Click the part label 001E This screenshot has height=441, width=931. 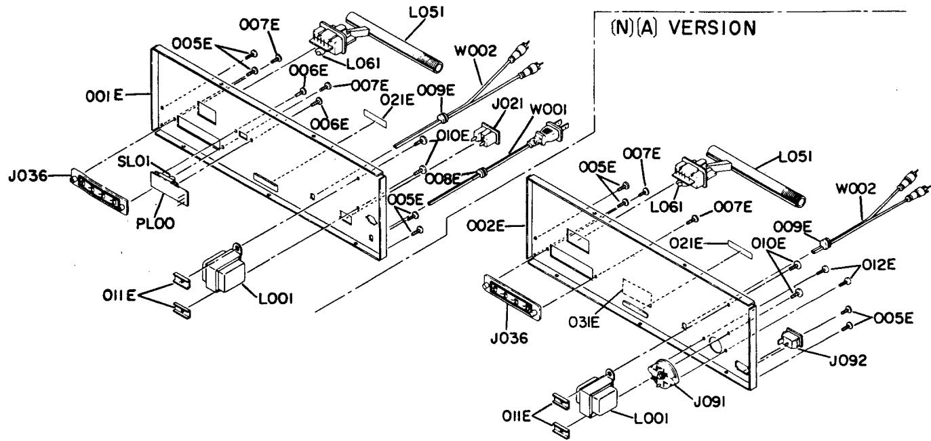point(104,96)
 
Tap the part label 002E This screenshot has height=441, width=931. point(486,226)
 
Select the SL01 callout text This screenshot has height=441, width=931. point(134,161)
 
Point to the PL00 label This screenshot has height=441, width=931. point(155,224)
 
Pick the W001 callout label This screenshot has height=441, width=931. point(548,110)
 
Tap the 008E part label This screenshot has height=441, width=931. point(443,179)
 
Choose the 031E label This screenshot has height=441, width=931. point(585,322)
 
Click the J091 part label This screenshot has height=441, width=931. point(709,402)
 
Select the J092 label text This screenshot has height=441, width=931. point(848,360)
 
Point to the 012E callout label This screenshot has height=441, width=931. point(878,264)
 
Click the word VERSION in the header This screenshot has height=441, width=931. point(713,28)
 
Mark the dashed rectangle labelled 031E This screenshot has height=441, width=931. point(637,293)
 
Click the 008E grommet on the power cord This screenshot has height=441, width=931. point(481,171)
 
